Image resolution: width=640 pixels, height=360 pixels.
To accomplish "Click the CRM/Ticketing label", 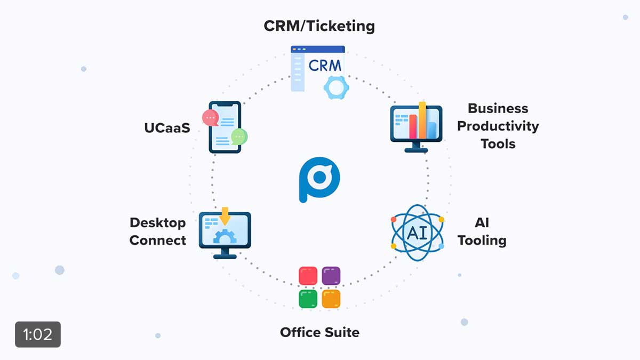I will point(319,26).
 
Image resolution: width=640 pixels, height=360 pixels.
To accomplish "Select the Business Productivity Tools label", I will point(498,126).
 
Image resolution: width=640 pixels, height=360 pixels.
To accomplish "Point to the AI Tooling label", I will point(482,231).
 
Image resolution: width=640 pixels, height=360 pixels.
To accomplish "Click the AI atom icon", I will point(417,233).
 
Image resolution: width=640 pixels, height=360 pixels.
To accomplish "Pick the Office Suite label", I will point(319,332).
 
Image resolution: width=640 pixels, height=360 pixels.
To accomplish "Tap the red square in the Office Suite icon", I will point(308,276).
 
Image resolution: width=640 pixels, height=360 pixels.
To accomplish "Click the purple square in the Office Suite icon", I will point(331,276).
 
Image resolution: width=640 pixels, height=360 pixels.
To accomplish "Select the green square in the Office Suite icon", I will point(308,299).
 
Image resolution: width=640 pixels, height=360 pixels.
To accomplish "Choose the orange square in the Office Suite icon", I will point(331,299).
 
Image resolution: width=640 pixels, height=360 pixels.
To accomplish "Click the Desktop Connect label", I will point(158,231).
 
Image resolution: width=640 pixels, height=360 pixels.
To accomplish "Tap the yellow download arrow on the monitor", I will point(225,216).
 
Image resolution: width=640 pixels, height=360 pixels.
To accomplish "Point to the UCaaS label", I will point(167,128).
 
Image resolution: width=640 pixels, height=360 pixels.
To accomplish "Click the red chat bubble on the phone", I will point(210,118).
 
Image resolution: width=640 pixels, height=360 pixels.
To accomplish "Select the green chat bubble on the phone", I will point(239,137).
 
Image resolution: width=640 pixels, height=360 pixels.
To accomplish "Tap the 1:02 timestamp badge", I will point(38,334).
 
